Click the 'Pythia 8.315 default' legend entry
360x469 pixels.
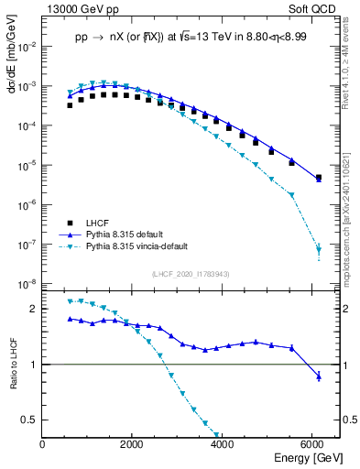(128, 234)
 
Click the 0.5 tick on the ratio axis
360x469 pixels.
(29, 420)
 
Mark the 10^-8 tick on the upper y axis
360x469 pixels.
(27, 284)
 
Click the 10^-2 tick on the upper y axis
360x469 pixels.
(27, 46)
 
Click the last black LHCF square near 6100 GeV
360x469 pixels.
(318, 178)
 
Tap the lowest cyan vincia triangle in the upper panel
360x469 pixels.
(318, 248)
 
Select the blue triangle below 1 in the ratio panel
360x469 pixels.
(318, 376)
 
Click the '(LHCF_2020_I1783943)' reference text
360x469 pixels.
(191, 274)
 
